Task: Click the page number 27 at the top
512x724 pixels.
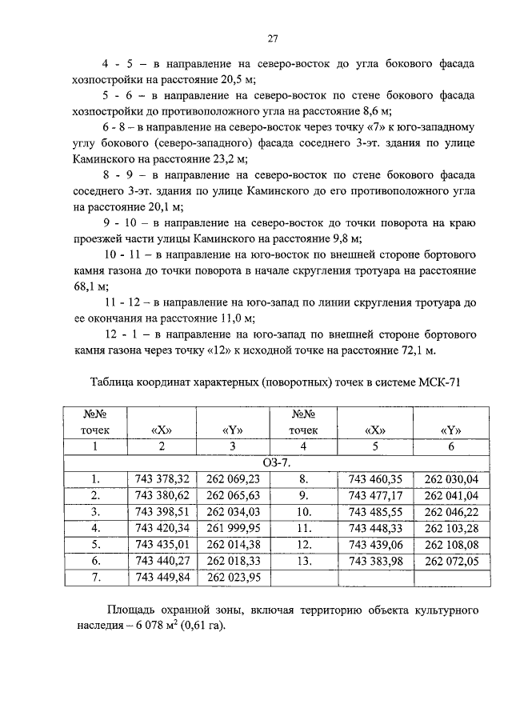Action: (x=272, y=38)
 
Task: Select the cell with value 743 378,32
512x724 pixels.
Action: (x=163, y=479)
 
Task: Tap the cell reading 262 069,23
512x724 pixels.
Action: (x=233, y=479)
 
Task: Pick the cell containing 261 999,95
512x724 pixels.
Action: (x=233, y=528)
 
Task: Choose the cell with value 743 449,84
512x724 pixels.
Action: (x=163, y=577)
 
